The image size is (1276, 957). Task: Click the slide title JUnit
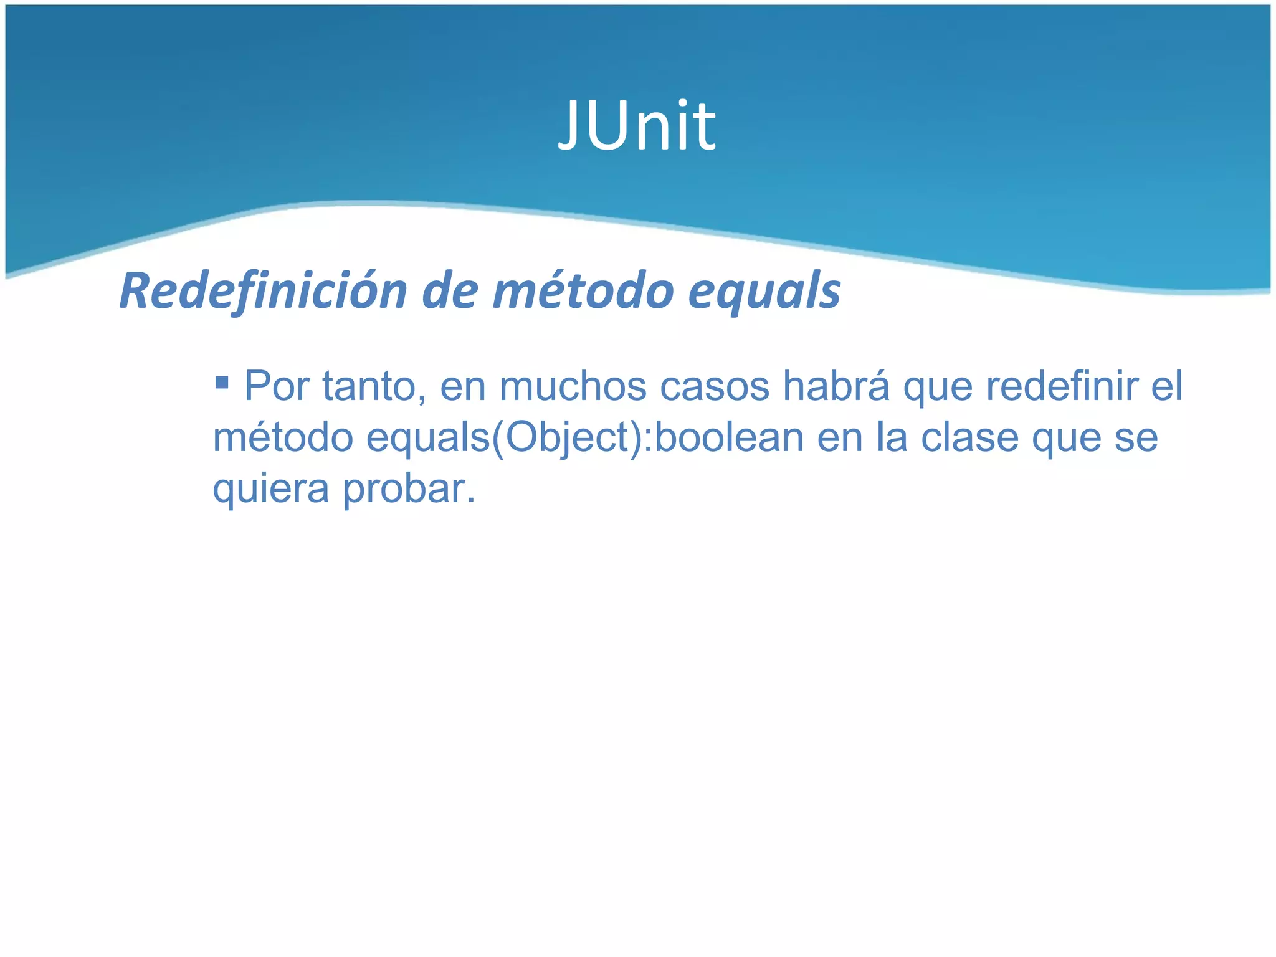tap(637, 126)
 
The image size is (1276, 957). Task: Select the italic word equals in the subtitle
tap(764, 292)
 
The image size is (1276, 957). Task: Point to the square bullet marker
tap(222, 381)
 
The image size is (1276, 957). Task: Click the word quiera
tap(271, 489)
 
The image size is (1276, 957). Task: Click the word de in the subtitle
tap(450, 292)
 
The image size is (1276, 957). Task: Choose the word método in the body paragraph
tap(283, 437)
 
